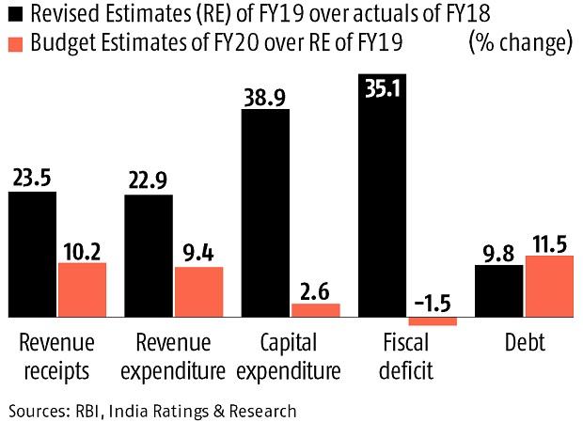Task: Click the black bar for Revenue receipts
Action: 33,254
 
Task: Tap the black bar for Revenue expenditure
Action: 149,256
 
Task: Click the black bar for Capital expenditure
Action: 266,213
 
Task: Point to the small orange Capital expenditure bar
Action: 316,310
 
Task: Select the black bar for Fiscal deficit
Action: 383,202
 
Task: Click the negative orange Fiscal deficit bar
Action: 433,321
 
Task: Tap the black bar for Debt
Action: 499,290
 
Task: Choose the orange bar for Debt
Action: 548,286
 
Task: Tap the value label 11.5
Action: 548,242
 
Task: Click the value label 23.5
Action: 33,177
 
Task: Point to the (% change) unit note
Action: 519,44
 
